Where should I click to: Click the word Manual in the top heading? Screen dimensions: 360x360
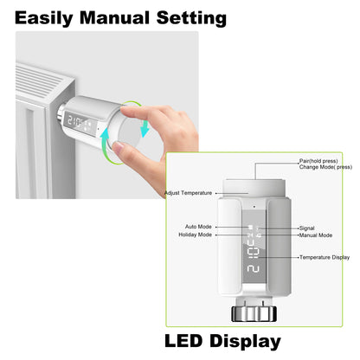(x=119, y=16)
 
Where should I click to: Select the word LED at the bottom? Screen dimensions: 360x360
(x=187, y=341)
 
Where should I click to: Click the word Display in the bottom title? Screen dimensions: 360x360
(x=247, y=341)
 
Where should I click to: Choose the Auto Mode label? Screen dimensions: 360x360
(x=198, y=226)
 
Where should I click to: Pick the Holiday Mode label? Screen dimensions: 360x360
(x=196, y=235)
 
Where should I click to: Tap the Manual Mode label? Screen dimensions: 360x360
(x=316, y=235)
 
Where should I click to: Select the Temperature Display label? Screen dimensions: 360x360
(x=325, y=257)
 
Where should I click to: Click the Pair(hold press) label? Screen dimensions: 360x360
(x=318, y=161)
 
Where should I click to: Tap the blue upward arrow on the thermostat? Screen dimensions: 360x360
(x=105, y=139)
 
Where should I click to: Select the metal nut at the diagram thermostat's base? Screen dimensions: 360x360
(x=254, y=312)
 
